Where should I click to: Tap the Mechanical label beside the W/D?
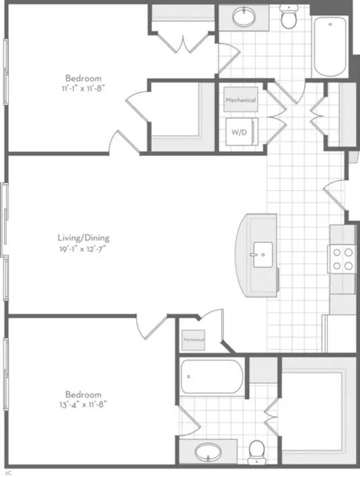pos(241,100)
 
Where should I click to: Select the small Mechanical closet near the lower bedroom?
pos(193,340)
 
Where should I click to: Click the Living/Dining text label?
pos(83,236)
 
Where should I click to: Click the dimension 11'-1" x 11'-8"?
pos(83,88)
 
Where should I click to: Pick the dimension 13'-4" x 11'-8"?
pos(83,403)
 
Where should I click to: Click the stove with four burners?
pos(342,259)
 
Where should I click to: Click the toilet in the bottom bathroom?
pos(257,450)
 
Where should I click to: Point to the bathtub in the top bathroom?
pos(330,46)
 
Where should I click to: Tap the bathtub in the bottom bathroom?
pos(211,376)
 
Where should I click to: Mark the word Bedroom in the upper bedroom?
pos(83,78)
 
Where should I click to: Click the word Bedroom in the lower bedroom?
pos(83,394)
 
